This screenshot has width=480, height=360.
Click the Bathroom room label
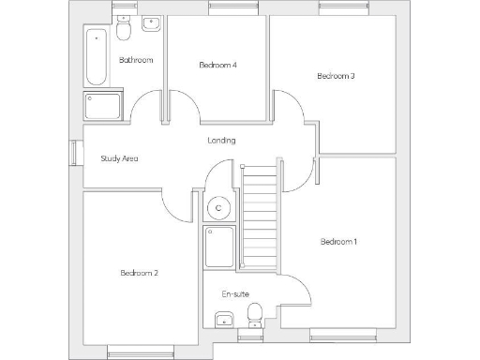(x=136, y=61)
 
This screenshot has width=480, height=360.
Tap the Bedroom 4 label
(x=217, y=66)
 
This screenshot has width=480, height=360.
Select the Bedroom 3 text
(x=336, y=76)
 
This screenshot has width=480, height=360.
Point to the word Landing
(x=221, y=141)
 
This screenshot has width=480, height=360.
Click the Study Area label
(x=119, y=158)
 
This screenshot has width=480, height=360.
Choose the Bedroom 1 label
(x=338, y=242)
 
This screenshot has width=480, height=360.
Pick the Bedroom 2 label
(x=139, y=273)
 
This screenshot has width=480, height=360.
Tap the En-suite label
(x=235, y=294)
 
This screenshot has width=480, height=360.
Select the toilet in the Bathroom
(x=125, y=31)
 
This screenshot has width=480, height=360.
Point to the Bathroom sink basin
(x=150, y=25)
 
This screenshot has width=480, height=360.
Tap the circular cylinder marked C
(x=218, y=207)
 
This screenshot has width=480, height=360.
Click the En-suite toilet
(x=248, y=320)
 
